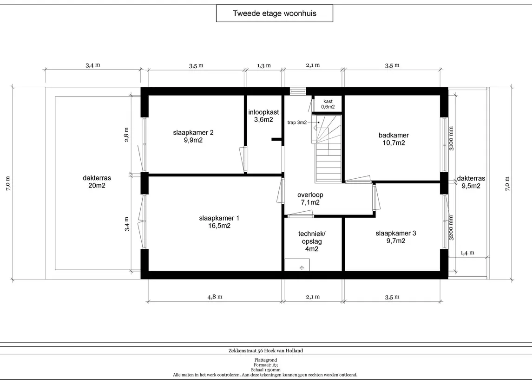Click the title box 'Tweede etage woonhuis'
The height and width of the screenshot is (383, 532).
pyautogui.click(x=275, y=13)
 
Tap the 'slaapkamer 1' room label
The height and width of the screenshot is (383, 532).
pyautogui.click(x=219, y=222)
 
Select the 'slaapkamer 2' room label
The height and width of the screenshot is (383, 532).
pyautogui.click(x=193, y=136)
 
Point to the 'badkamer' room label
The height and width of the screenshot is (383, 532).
pyautogui.click(x=394, y=139)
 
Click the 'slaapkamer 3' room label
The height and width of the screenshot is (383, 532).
pyautogui.click(x=395, y=237)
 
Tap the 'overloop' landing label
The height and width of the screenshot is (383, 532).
pyautogui.click(x=310, y=199)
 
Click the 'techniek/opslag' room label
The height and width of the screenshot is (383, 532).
pyautogui.click(x=312, y=241)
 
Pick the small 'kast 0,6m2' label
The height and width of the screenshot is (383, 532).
pyautogui.click(x=328, y=104)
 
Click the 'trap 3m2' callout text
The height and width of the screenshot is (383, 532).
pyautogui.click(x=297, y=123)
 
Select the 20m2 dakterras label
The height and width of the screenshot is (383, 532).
pyautogui.click(x=97, y=182)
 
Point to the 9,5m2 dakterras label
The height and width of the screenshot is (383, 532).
pyautogui.click(x=471, y=182)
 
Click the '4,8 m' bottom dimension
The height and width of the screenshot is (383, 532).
pyautogui.click(x=215, y=297)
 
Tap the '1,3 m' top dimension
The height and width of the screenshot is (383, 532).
pyautogui.click(x=264, y=65)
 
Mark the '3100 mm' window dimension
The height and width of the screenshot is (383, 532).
pyautogui.click(x=451, y=138)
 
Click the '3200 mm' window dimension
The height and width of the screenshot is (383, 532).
pyautogui.click(x=451, y=228)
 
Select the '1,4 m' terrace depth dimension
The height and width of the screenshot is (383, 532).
pyautogui.click(x=467, y=253)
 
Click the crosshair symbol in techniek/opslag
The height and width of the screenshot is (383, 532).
pyautogui.click(x=302, y=268)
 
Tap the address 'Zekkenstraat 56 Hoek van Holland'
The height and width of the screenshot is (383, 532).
pyautogui.click(x=266, y=351)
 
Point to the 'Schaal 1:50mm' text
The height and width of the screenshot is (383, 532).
pyautogui.click(x=266, y=370)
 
